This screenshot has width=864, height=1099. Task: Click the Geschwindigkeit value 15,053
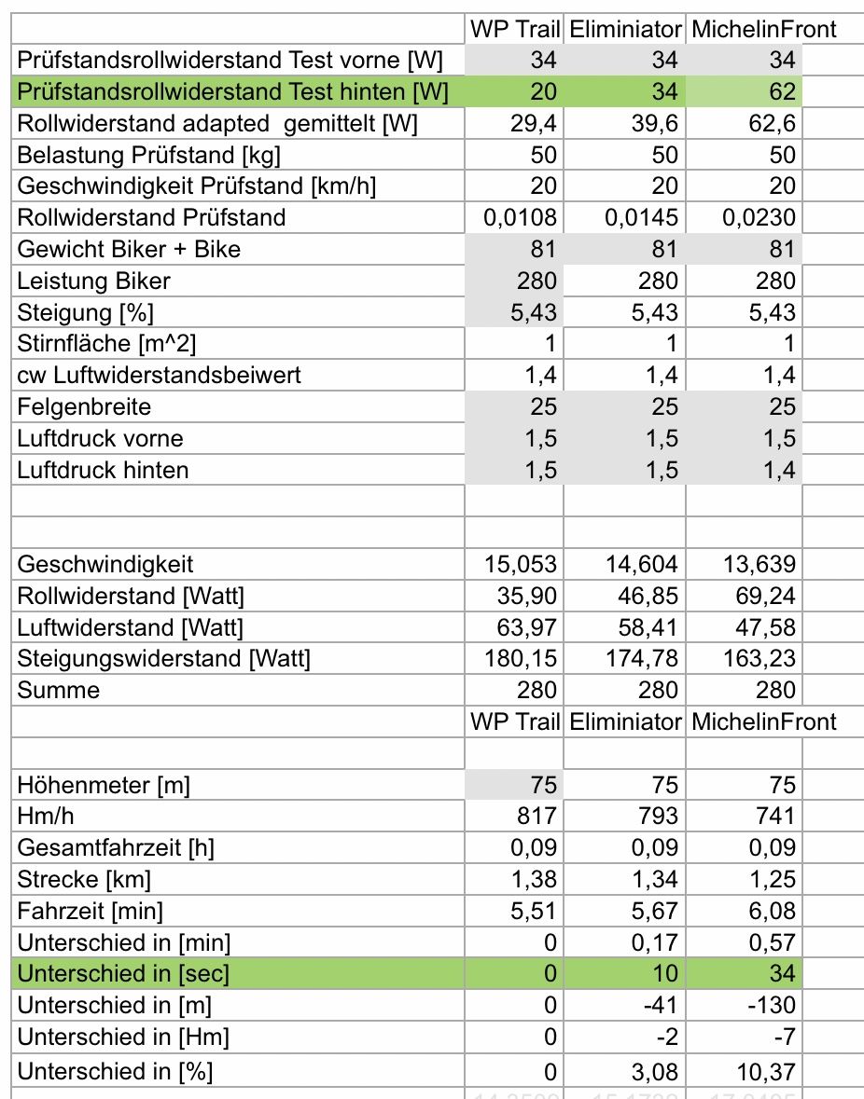[x=521, y=564]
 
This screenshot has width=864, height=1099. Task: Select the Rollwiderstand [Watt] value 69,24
[x=759, y=596]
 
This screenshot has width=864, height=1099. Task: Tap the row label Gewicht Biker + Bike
[x=130, y=249]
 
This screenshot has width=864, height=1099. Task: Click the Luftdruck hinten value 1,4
[x=777, y=470]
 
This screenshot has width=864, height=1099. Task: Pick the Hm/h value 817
[x=537, y=817]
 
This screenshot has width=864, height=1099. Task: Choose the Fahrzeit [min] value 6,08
[x=771, y=912]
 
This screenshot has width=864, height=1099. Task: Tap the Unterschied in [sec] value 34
[x=783, y=974]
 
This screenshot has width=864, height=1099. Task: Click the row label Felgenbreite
[x=84, y=407]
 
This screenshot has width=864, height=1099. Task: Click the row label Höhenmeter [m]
[x=104, y=785]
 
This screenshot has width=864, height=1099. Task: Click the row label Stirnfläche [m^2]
[x=107, y=344]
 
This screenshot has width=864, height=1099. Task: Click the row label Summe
[x=58, y=691]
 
